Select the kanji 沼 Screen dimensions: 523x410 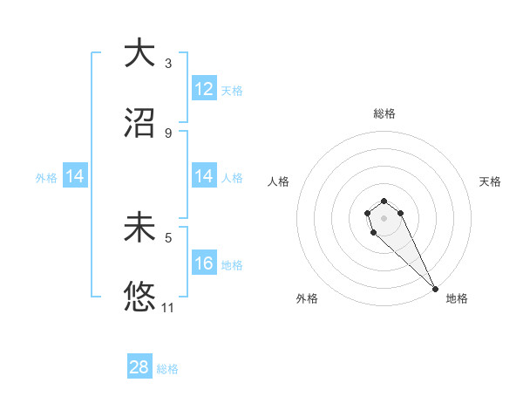[139, 122]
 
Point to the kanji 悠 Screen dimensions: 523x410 [139, 297]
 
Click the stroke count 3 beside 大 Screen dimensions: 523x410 [167, 64]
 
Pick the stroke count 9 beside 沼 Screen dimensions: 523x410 [167, 133]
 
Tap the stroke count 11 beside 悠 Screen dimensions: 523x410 [168, 307]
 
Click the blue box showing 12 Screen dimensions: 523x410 [204, 89]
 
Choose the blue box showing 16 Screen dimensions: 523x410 [204, 263]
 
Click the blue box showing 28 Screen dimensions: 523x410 [139, 367]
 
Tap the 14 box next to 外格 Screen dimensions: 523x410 [75, 176]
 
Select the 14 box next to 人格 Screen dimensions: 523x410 [204, 176]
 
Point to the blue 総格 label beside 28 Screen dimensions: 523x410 [167, 369]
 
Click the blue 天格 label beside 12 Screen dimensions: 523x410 [232, 91]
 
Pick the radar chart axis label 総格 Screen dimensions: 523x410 [384, 113]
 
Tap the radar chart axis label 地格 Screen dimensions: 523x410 [457, 298]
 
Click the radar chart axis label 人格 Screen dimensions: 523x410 [279, 181]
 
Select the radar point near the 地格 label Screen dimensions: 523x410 [435, 288]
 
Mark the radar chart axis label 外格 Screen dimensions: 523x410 [307, 298]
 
